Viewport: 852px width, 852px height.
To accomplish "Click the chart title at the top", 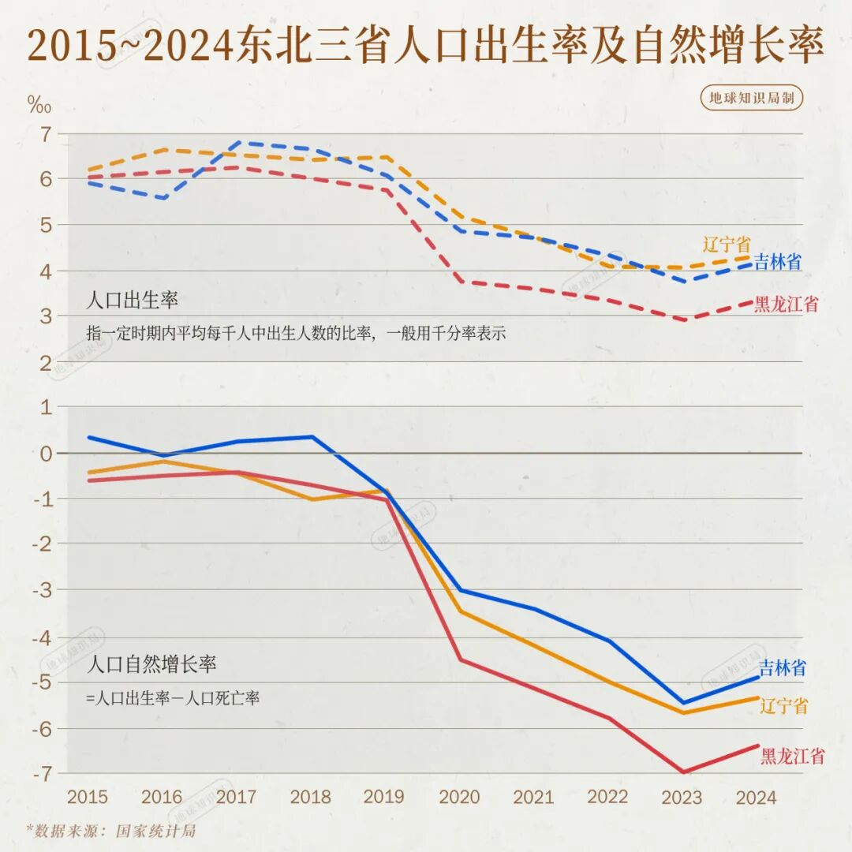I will click(x=426, y=46).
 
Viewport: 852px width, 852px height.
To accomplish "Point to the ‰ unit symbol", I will click(x=39, y=105).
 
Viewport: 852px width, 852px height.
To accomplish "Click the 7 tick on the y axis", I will click(x=44, y=134).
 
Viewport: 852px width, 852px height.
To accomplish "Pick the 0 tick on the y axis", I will click(x=44, y=453).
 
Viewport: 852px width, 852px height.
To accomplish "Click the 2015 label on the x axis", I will click(x=88, y=797).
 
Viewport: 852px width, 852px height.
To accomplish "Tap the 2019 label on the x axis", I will click(x=385, y=797).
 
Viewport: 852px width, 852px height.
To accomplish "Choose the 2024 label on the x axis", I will click(x=756, y=797).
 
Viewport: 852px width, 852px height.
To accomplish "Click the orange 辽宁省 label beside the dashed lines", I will click(x=727, y=244).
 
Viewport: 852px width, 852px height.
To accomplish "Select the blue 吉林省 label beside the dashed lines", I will click(x=778, y=263).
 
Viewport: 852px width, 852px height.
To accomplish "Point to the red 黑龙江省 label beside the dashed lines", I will click(x=786, y=304).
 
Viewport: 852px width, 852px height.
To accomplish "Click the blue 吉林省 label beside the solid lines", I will click(x=782, y=668).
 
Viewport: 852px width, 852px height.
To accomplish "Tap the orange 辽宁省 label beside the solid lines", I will click(x=784, y=706).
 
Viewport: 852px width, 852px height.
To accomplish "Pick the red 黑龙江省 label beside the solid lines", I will click(x=792, y=757).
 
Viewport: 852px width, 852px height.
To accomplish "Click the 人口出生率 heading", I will click(x=133, y=301).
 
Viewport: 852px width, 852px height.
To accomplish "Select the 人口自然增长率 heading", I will click(x=154, y=664).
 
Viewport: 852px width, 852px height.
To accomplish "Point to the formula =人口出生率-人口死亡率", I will click(x=173, y=698).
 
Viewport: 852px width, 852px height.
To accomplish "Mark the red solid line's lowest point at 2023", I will click(x=682, y=772).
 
